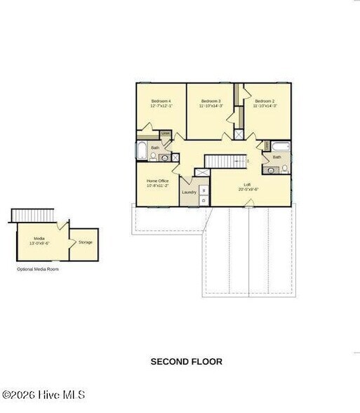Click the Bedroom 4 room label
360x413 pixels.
[x=161, y=103]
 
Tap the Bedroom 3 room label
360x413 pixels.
[x=211, y=103]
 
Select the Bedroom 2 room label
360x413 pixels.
[x=265, y=103]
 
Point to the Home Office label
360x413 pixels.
[x=157, y=183]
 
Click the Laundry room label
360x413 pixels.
[x=189, y=192]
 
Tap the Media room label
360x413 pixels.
[x=39, y=240]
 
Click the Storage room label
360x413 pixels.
[x=85, y=242]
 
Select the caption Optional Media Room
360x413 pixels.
[x=38, y=269]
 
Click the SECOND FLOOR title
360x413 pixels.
[x=186, y=362]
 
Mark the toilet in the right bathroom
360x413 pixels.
[x=284, y=169]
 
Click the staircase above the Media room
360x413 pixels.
[x=34, y=214]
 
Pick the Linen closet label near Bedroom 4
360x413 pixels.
[x=166, y=133]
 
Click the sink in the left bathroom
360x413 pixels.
[x=164, y=158]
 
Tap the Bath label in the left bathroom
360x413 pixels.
[x=154, y=147]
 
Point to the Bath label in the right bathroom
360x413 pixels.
[x=276, y=157]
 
